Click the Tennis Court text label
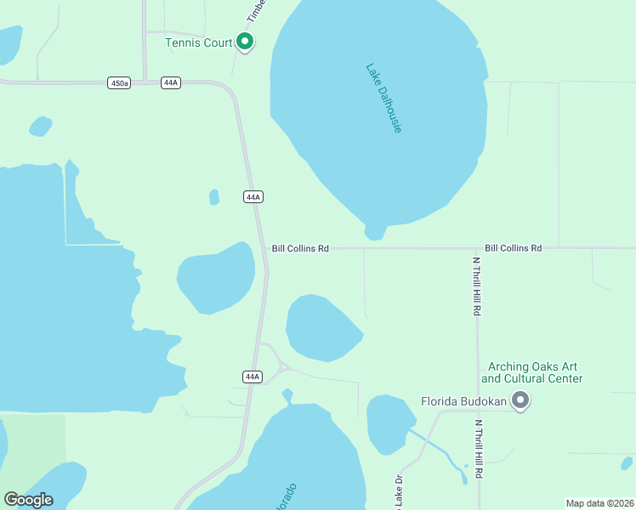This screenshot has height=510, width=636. click(x=199, y=42)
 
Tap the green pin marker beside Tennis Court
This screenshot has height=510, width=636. click(x=245, y=41)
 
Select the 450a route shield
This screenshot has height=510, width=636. click(x=119, y=82)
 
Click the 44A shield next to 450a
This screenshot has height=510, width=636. click(x=170, y=82)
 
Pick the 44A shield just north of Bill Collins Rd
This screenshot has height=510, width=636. click(x=253, y=196)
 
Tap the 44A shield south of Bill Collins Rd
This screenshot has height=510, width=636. click(x=251, y=377)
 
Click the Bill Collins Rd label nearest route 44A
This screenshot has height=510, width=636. click(x=300, y=248)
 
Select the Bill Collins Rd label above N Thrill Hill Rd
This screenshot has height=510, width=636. click(x=513, y=248)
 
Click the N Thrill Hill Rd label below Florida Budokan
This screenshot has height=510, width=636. click(x=479, y=448)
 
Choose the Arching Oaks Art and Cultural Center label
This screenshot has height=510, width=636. click(x=532, y=372)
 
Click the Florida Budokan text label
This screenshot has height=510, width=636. click(x=464, y=402)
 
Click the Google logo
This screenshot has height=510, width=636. click(x=28, y=500)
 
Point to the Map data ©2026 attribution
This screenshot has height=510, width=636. click(x=599, y=503)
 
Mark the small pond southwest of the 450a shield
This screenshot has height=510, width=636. click(x=40, y=127)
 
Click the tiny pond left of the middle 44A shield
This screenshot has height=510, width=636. click(x=214, y=197)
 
